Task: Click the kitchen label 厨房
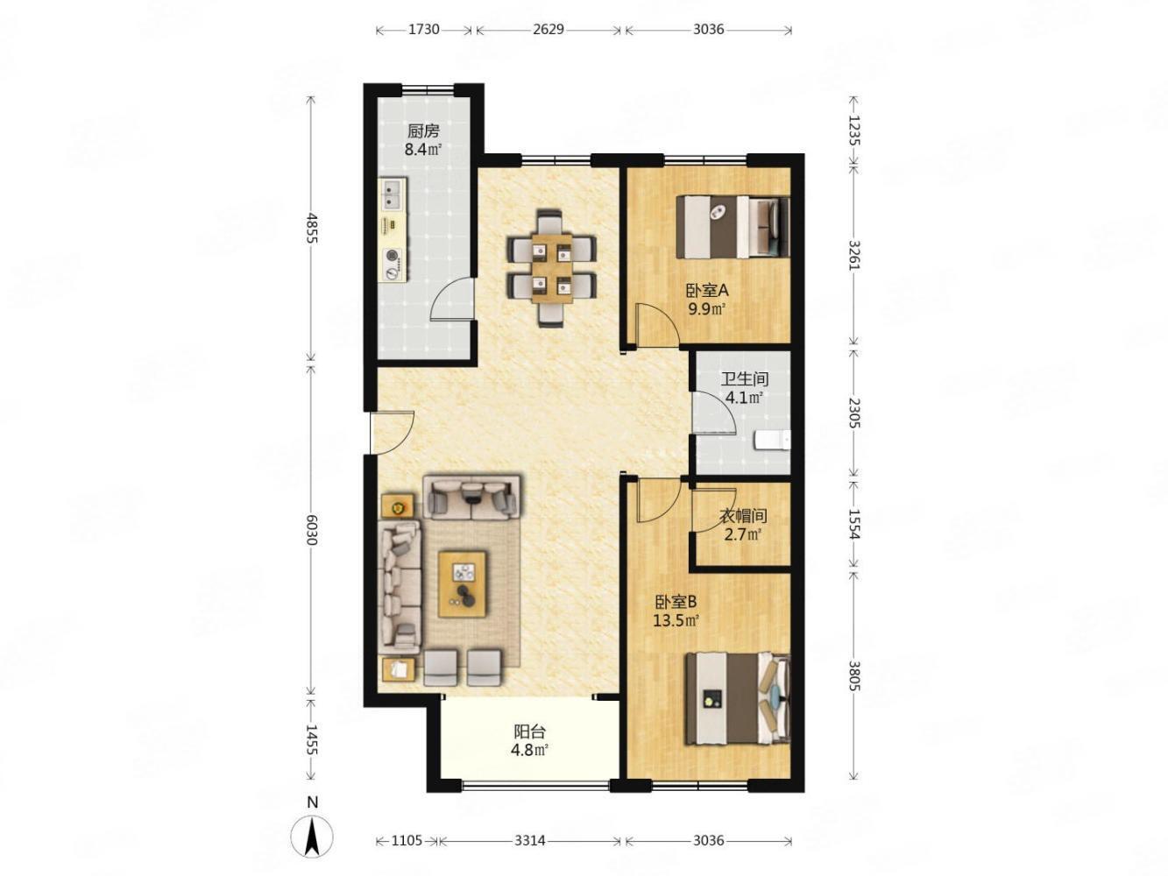(423, 131)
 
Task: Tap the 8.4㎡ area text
(423, 150)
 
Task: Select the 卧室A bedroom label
(706, 291)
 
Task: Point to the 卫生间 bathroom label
(745, 379)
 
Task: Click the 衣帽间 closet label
(743, 515)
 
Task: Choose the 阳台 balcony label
(529, 731)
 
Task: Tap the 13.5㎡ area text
(676, 620)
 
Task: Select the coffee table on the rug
(462, 584)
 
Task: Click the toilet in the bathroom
(772, 441)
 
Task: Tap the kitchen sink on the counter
(393, 194)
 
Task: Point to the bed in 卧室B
(738, 698)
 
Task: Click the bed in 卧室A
(733, 227)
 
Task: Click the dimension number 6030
(312, 530)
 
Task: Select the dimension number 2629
(549, 29)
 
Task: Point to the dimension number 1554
(853, 524)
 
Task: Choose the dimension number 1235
(853, 131)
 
